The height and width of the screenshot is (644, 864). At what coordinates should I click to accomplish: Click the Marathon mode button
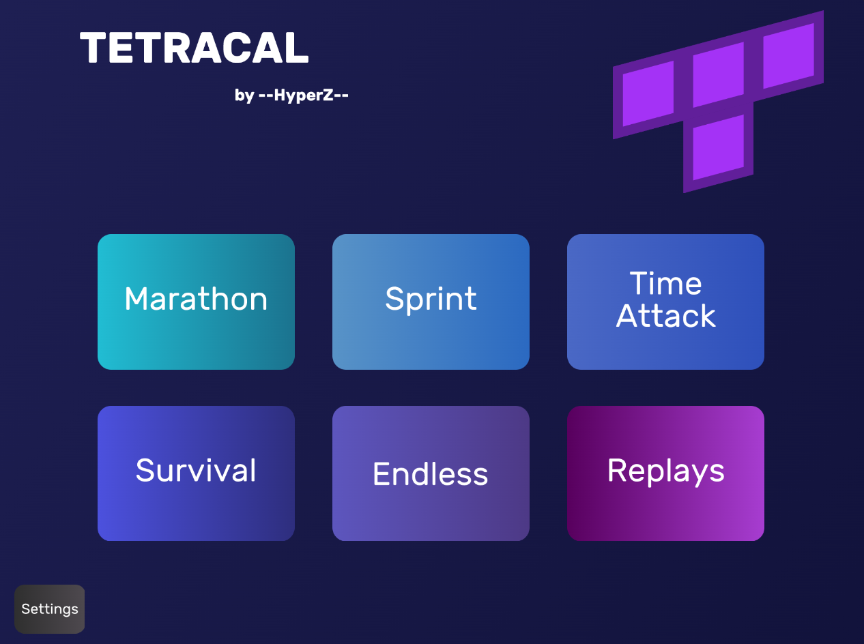(x=196, y=302)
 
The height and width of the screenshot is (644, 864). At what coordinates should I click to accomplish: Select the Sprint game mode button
(x=431, y=302)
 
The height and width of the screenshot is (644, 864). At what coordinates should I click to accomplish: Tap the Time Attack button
(x=665, y=302)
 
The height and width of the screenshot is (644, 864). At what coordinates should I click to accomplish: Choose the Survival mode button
(x=196, y=473)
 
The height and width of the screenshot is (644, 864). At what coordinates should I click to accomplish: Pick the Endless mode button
(x=431, y=473)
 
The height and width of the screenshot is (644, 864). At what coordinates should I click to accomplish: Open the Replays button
(x=665, y=473)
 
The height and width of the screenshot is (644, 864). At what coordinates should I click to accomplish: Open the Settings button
(x=50, y=609)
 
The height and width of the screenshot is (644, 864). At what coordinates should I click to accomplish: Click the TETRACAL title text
(x=195, y=48)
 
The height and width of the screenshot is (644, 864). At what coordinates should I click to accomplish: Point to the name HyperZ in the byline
(x=304, y=95)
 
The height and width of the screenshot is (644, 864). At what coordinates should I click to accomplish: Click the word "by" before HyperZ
(x=244, y=96)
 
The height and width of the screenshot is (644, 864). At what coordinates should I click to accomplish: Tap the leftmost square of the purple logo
(x=648, y=93)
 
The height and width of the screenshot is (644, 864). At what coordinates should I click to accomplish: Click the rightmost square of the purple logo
(x=788, y=56)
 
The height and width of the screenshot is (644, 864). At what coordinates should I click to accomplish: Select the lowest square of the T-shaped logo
(x=718, y=147)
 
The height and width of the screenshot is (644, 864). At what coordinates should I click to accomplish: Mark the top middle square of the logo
(x=718, y=75)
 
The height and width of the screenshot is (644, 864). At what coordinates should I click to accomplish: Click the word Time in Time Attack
(x=665, y=284)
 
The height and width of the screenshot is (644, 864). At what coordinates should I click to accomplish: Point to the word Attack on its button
(x=665, y=316)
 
